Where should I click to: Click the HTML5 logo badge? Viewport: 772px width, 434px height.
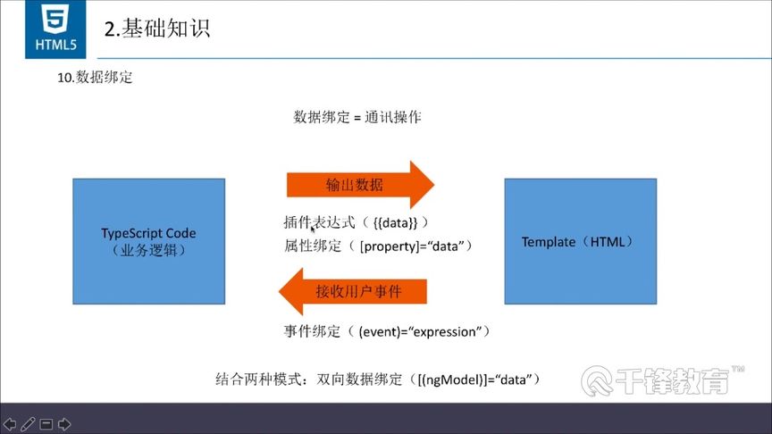(x=50, y=29)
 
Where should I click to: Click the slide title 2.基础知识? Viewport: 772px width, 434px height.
(x=157, y=29)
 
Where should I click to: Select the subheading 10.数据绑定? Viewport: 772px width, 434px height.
(x=95, y=78)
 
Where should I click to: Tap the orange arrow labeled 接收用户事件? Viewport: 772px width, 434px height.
(x=352, y=292)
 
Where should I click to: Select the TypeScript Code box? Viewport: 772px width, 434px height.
(x=148, y=241)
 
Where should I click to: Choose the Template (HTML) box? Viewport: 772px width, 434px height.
(x=580, y=241)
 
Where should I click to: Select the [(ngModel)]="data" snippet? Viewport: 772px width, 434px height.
(x=475, y=379)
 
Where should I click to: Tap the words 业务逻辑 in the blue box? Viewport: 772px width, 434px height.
(x=148, y=251)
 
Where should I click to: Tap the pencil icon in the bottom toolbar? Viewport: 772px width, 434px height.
(x=28, y=423)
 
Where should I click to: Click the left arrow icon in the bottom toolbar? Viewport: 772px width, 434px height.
(x=10, y=423)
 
